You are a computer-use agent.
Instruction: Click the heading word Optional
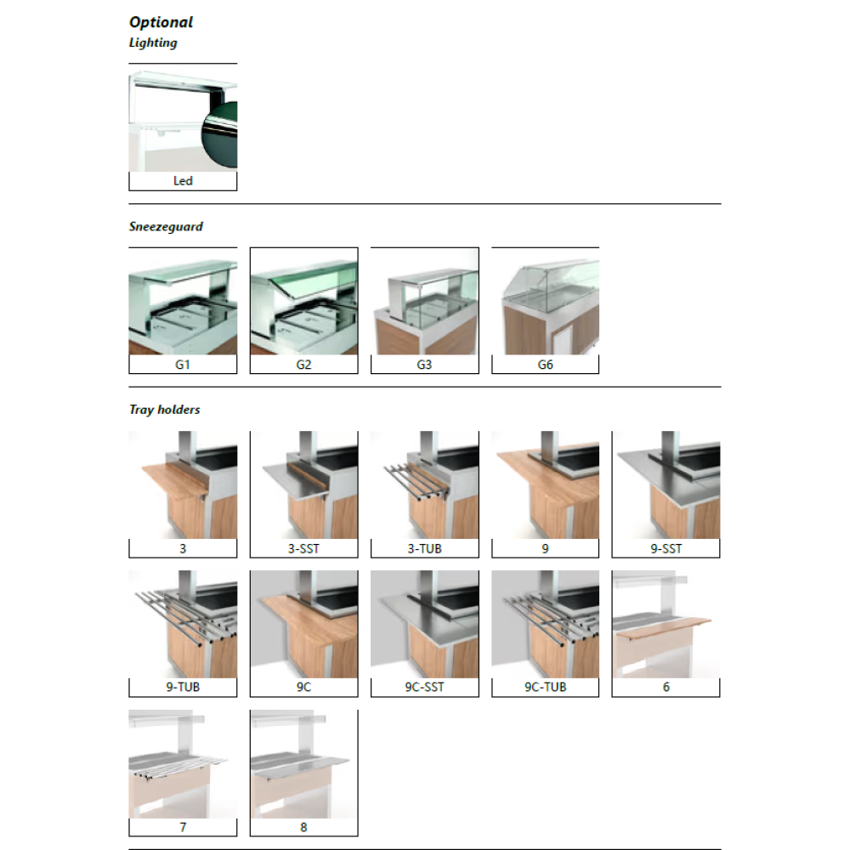tap(161, 22)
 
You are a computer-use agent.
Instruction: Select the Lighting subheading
tap(153, 42)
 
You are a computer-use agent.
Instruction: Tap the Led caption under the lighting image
tap(183, 180)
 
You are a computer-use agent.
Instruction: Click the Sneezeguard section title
tap(166, 227)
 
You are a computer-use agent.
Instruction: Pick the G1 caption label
tap(183, 365)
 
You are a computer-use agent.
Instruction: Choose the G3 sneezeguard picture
tap(424, 302)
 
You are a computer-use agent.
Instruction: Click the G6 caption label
tap(546, 365)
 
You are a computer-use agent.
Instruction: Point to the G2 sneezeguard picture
tap(304, 302)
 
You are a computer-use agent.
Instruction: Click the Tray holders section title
tap(164, 410)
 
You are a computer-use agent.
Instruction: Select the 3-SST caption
tap(303, 548)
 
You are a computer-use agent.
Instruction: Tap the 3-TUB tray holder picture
tap(424, 485)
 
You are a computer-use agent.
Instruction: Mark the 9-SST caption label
tap(666, 548)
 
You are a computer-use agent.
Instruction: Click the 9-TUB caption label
tap(183, 687)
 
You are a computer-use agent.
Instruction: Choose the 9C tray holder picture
tap(304, 624)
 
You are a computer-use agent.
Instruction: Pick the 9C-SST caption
tap(424, 687)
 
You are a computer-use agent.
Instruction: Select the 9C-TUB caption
tap(546, 687)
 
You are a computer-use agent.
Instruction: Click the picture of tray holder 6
tap(666, 624)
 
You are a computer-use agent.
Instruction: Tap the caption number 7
tap(183, 827)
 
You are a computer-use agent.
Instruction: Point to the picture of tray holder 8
tap(304, 764)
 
